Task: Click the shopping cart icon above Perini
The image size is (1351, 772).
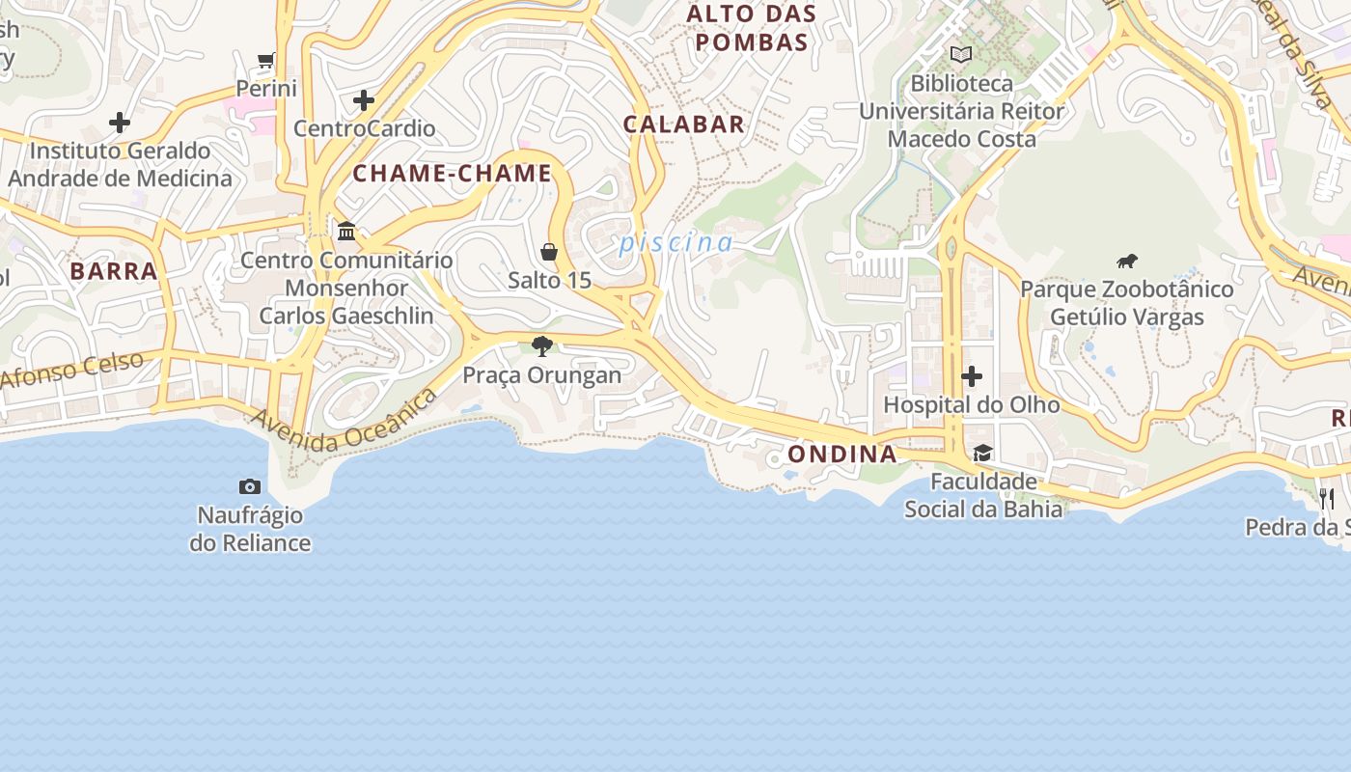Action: [266, 61]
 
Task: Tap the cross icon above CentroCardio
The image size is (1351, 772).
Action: [364, 99]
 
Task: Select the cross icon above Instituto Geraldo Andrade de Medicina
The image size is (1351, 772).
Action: [120, 123]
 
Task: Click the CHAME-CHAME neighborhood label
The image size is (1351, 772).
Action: [452, 174]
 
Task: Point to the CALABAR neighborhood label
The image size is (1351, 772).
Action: [683, 124]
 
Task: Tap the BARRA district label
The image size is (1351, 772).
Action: [113, 271]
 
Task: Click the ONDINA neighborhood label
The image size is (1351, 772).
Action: [841, 454]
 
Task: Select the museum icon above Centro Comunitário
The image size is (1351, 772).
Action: [346, 232]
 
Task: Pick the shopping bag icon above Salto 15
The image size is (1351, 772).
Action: [549, 252]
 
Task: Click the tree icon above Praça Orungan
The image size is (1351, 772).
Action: [542, 345]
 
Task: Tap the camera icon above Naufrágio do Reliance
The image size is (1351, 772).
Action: [250, 486]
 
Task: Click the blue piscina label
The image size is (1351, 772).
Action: [675, 242]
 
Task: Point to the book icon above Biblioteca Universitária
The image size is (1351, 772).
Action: [960, 55]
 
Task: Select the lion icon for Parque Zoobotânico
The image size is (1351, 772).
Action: [1127, 261]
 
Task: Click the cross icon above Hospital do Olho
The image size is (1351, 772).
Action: [972, 375]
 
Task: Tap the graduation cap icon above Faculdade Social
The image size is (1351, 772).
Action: [982, 453]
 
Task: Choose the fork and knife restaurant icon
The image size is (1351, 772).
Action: [1327, 498]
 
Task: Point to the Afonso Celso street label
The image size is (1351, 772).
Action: [72, 371]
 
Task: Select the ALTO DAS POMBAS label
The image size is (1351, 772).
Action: [751, 28]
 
